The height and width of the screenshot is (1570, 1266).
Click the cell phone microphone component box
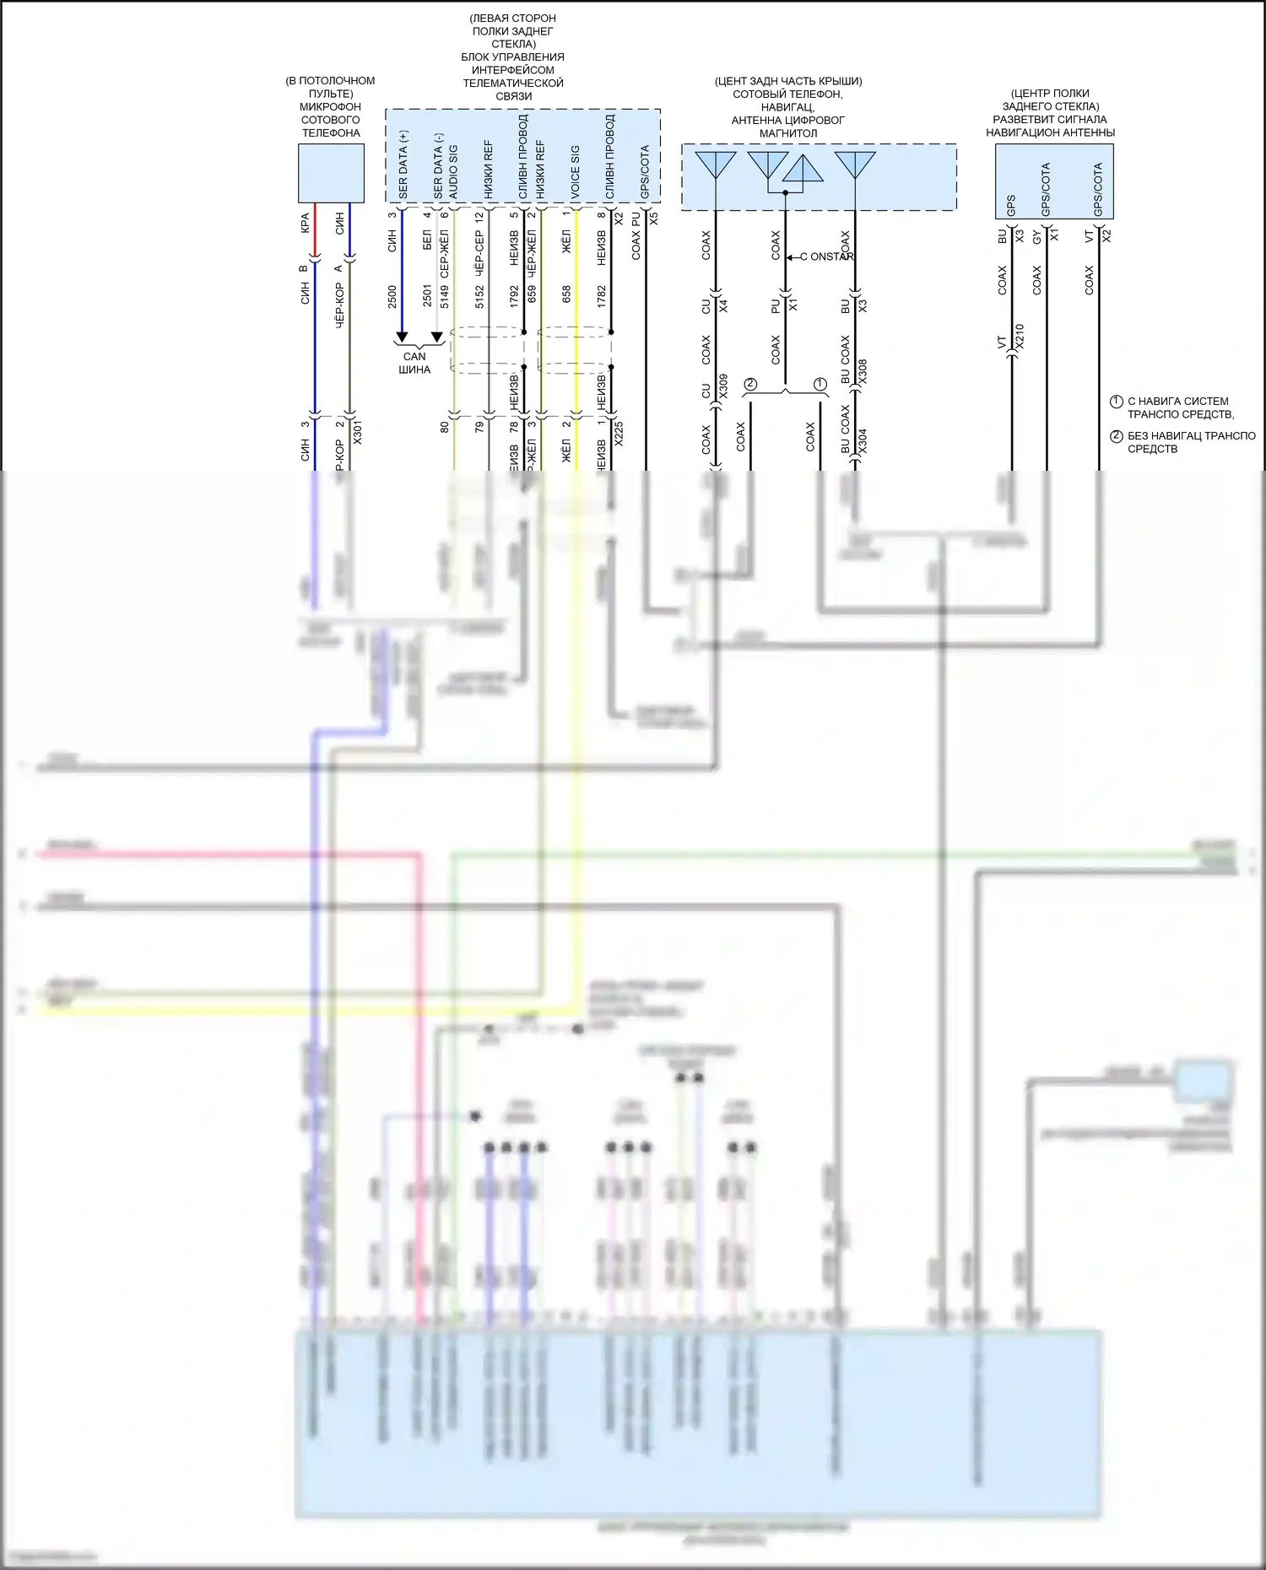tap(331, 173)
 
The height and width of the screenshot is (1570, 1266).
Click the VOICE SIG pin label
tap(576, 172)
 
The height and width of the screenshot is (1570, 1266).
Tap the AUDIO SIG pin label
tap(454, 172)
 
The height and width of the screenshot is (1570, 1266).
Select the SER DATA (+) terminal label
tap(403, 165)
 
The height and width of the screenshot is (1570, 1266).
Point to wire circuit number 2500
tap(392, 296)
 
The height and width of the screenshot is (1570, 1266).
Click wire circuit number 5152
tap(479, 296)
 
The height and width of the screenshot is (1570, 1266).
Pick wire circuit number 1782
tap(602, 296)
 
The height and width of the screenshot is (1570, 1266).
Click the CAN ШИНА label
tap(414, 363)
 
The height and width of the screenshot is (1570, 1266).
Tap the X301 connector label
tap(358, 432)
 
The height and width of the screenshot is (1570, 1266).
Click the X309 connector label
tap(723, 386)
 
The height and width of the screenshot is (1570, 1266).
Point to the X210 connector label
tap(1020, 337)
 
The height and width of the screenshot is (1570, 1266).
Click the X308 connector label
tap(863, 372)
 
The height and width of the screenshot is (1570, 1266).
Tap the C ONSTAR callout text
tap(827, 256)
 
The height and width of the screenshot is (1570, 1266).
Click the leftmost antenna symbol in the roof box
tap(716, 164)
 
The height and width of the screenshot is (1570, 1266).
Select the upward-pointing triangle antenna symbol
tap(802, 170)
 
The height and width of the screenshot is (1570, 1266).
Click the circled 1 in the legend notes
tap(1116, 402)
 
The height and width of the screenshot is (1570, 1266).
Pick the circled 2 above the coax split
tap(750, 385)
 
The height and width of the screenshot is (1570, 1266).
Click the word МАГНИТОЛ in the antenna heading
tap(788, 133)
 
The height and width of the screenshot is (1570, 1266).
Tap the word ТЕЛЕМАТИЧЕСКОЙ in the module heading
tap(513, 84)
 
